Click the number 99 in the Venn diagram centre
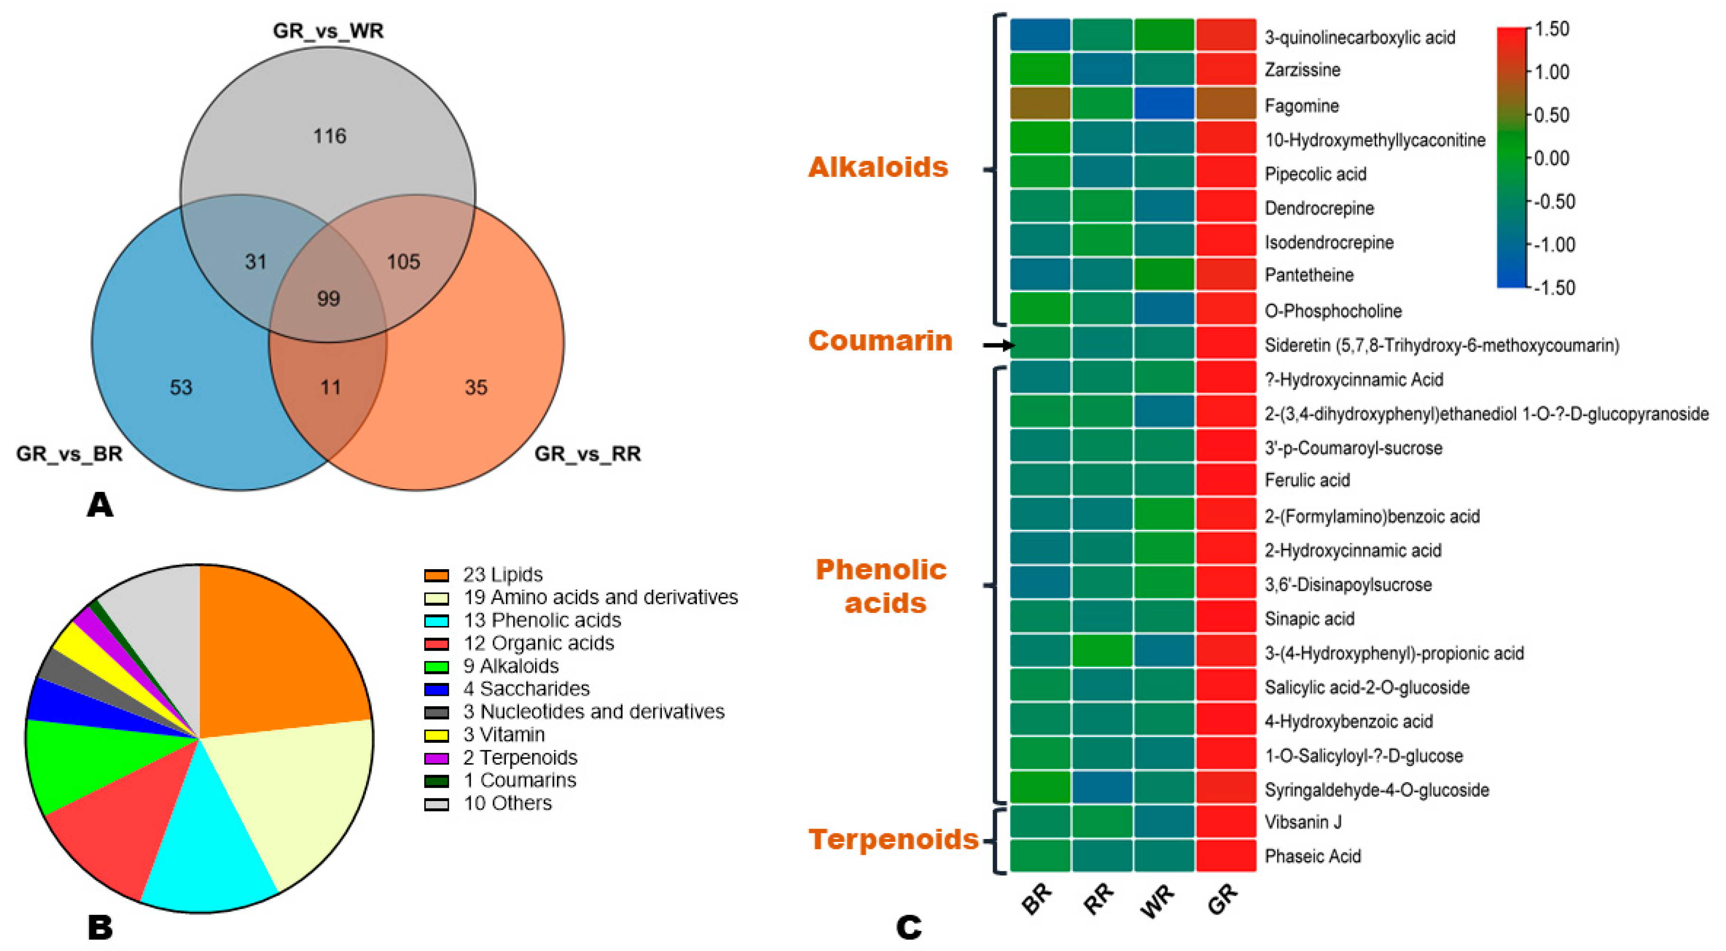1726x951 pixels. (329, 298)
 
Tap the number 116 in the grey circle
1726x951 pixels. (329, 136)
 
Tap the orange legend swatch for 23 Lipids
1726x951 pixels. (436, 575)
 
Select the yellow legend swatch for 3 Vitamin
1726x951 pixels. (436, 735)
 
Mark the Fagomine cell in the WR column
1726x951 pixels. (1164, 104)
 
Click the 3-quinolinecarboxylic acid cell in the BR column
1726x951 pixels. (1040, 35)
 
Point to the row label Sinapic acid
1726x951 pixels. (1309, 619)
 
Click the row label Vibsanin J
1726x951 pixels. (1303, 822)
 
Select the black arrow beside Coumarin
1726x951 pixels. (998, 345)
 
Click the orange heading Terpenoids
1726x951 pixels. (893, 839)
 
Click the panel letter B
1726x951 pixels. (100, 928)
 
